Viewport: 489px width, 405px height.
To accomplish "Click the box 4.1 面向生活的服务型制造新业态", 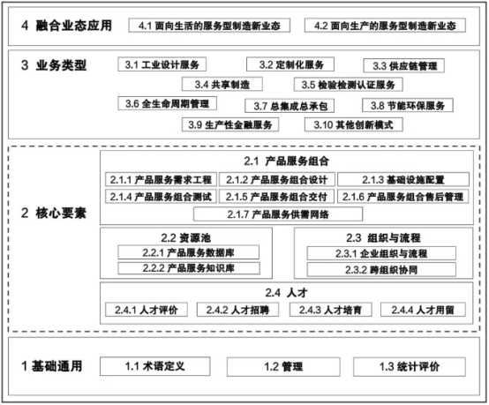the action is pos(209,26).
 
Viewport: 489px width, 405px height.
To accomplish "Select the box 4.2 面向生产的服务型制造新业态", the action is pos(385,26).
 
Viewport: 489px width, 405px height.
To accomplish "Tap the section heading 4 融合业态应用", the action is pos(66,26).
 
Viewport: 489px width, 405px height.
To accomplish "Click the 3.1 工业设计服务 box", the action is pos(162,64).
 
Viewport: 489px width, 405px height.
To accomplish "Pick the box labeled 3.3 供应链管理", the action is pos(404,66).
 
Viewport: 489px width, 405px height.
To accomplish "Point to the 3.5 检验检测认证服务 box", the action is pos(349,85).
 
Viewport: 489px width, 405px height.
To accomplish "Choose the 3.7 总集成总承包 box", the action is pos(290,106).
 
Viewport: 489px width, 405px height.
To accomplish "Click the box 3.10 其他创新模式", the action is pos(354,124).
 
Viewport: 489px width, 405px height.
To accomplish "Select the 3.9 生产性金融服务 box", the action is pos(230,124).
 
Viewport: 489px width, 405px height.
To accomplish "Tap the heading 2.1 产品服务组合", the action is pos(286,161).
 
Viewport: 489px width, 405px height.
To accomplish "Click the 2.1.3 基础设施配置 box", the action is pos(403,180).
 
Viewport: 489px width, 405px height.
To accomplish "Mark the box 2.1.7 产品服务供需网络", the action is pos(278,214).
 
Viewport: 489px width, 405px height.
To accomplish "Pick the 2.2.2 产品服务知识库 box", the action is pos(189,268).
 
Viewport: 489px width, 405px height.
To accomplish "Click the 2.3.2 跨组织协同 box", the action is pos(381,270).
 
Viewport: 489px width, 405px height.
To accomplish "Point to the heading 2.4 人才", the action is pos(286,293).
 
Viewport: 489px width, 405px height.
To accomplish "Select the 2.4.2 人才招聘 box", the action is pos(237,310).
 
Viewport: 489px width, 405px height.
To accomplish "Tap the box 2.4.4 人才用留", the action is pos(423,310).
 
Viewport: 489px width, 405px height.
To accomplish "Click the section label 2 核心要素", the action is pos(53,214).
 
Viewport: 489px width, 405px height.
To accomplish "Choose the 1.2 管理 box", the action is pos(283,367).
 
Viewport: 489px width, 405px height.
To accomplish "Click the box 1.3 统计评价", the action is pos(410,367).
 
